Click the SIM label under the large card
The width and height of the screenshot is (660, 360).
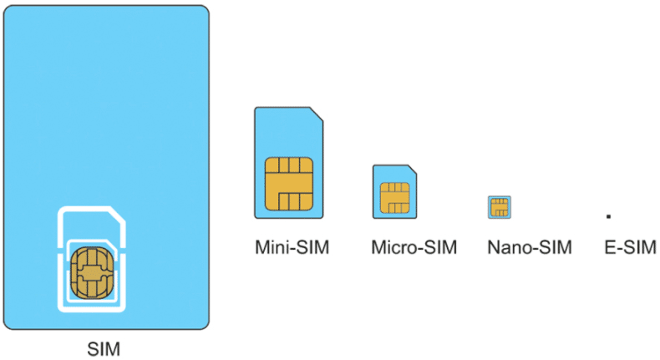104,347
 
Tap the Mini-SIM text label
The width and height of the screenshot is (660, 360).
292,248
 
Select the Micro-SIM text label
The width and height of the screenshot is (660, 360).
414,248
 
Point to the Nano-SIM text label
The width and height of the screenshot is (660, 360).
530,248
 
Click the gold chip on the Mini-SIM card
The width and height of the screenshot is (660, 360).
288,183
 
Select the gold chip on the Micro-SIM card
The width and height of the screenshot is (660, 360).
394,197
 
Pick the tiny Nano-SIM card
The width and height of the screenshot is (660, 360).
500,206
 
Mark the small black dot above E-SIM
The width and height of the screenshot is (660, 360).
608,216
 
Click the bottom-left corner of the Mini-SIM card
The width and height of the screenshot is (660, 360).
257,215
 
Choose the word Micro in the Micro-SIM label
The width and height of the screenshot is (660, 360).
391,248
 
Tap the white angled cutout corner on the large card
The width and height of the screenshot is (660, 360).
120,215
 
